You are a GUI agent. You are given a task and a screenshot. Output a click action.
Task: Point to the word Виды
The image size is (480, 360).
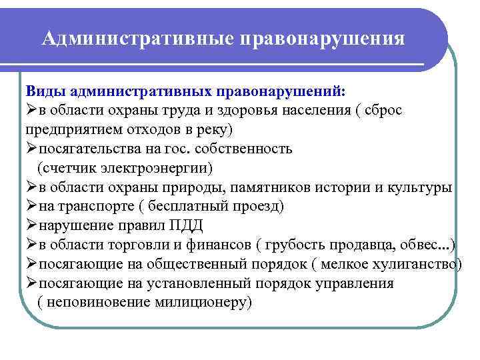(x=44, y=91)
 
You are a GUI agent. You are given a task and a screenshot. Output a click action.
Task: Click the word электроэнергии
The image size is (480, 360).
(x=158, y=167)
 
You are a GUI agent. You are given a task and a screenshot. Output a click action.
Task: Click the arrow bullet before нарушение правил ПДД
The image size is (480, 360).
(x=31, y=225)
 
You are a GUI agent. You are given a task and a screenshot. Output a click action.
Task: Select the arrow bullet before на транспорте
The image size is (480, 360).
(x=31, y=206)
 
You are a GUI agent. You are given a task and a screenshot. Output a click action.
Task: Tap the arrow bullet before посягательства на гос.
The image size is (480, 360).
(x=31, y=148)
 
